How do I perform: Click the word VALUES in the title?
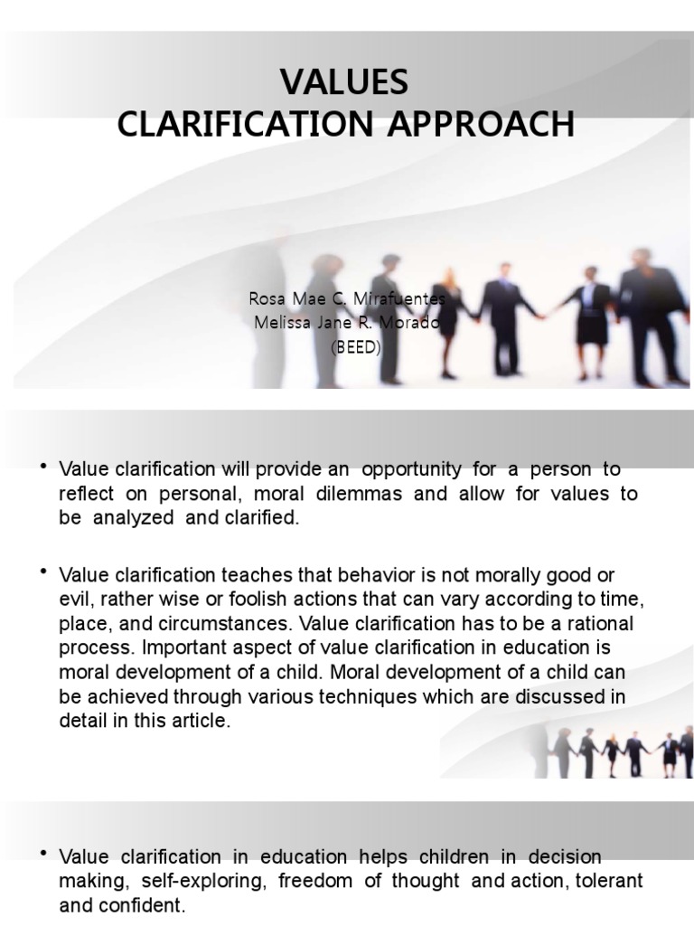pos(344,82)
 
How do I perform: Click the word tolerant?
pos(612,881)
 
